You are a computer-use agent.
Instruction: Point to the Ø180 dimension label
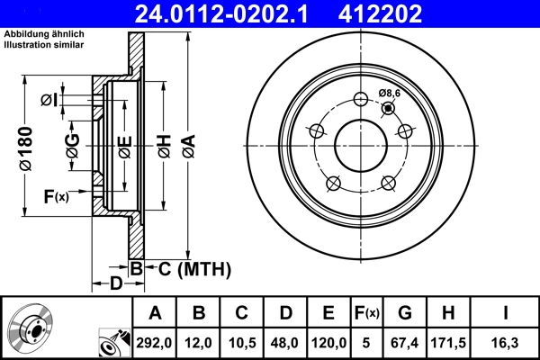pos(25,143)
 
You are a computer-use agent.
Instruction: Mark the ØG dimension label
pos(72,144)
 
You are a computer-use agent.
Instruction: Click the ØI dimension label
pos(50,99)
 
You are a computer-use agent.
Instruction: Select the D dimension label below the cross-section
pos(115,284)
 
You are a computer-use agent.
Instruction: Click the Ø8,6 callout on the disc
pos(390,93)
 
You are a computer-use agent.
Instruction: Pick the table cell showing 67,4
pos(405,342)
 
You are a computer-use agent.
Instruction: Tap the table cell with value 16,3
pos(507,342)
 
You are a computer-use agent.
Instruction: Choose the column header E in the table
pos(328,313)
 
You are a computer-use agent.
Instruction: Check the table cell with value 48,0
pos(285,342)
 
